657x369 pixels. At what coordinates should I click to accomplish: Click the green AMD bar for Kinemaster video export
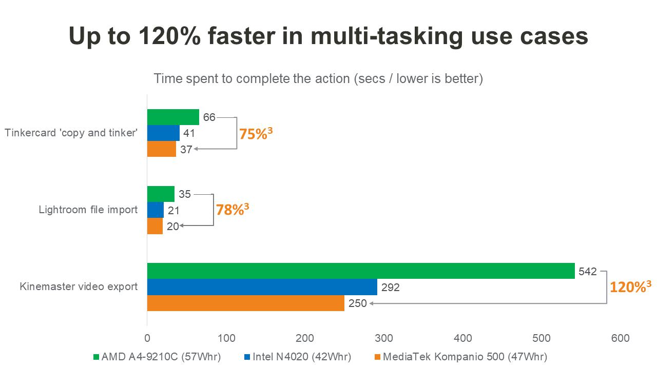(x=361, y=271)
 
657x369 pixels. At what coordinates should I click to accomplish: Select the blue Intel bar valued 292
(x=262, y=287)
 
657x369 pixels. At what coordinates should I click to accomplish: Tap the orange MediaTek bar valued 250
(x=246, y=303)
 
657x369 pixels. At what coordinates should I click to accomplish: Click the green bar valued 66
(x=173, y=117)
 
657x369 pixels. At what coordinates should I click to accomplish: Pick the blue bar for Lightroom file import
(x=156, y=210)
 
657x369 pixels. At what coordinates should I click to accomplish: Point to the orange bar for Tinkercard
(x=162, y=149)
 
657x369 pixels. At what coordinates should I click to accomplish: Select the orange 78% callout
(x=233, y=210)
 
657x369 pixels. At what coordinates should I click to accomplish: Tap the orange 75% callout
(x=256, y=134)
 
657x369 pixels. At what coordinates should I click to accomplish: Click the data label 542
(x=588, y=272)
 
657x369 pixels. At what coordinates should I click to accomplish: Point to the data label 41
(x=189, y=133)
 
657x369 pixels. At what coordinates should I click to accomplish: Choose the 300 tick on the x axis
(x=383, y=338)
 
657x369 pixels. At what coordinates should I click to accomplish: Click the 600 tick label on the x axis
(x=621, y=338)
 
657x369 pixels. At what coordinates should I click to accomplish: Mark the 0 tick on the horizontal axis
(x=147, y=338)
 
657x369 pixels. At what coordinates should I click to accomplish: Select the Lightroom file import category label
(x=88, y=210)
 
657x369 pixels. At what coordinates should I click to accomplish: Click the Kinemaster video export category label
(x=79, y=286)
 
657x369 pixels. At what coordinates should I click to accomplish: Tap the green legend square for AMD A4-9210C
(x=96, y=357)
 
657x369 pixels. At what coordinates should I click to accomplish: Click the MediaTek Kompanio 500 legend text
(x=465, y=357)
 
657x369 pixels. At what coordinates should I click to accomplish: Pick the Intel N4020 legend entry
(x=298, y=357)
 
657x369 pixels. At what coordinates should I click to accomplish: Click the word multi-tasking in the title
(x=387, y=36)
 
